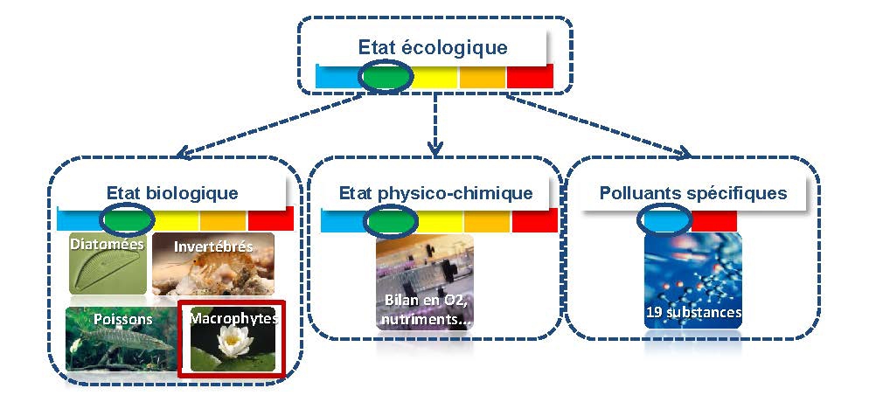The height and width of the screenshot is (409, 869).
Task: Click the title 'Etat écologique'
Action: click(x=432, y=47)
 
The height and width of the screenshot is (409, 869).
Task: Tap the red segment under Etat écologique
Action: click(x=530, y=77)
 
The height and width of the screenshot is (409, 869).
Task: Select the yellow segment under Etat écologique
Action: click(x=435, y=77)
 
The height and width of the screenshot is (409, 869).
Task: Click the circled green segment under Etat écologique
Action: click(x=386, y=77)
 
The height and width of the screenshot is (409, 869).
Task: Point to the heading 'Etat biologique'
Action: click(x=172, y=192)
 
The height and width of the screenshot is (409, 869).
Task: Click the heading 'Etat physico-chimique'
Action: click(x=434, y=192)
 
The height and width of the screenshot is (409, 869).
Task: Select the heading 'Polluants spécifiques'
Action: click(x=693, y=192)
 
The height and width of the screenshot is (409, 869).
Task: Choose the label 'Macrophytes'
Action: click(x=233, y=319)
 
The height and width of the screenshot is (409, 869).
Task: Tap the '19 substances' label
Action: click(x=693, y=312)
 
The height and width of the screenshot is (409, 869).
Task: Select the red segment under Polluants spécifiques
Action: click(x=714, y=220)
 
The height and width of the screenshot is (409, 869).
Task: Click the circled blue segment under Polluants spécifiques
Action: click(x=664, y=220)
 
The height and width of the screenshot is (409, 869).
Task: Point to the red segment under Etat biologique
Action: click(x=270, y=219)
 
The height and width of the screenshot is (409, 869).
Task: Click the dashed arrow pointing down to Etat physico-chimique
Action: click(x=434, y=122)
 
